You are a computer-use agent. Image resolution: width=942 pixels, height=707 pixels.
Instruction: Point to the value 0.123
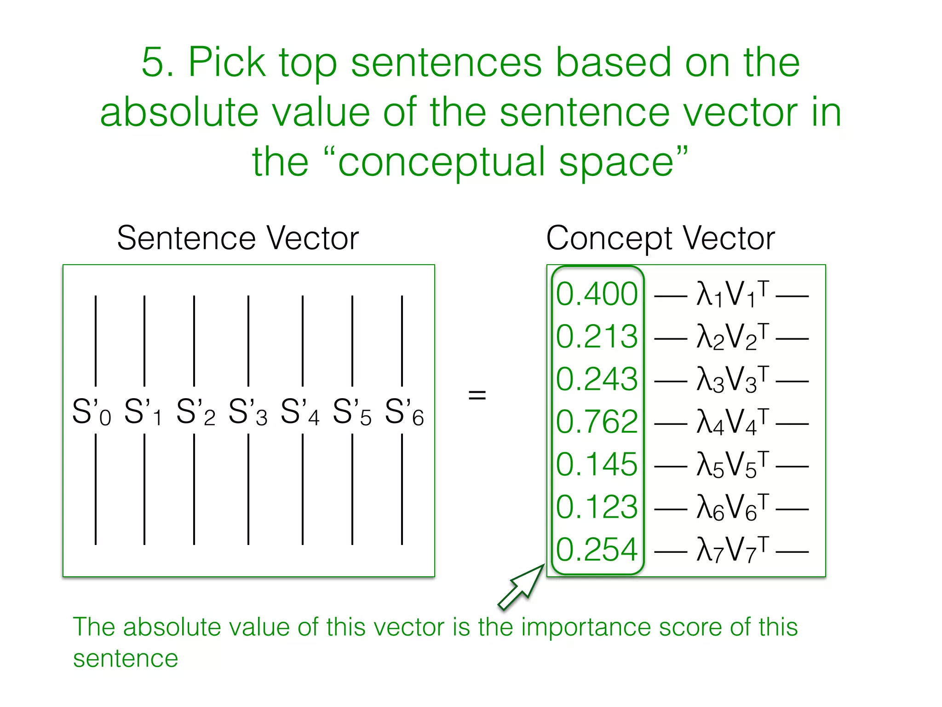click(597, 507)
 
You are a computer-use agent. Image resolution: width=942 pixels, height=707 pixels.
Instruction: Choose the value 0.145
click(597, 464)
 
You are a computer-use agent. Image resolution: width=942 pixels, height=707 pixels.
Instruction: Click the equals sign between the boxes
click(477, 394)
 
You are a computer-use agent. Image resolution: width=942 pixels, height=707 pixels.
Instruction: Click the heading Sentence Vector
click(238, 238)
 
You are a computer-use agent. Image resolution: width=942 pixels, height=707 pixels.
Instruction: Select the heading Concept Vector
click(661, 238)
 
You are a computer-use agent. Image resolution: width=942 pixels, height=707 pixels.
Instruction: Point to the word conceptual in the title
click(442, 162)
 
